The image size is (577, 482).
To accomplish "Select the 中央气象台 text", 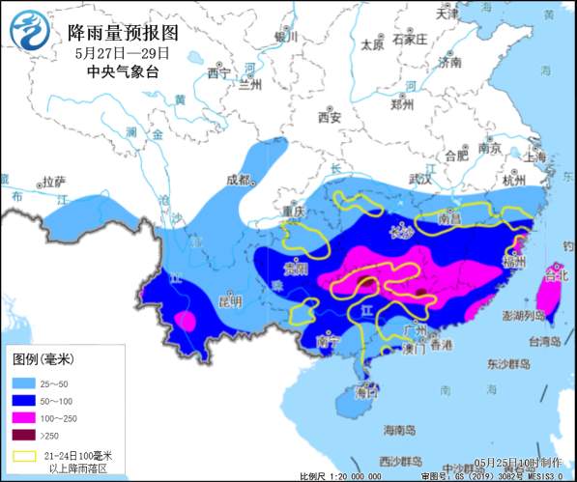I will coord(121,71).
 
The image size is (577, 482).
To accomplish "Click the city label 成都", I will coord(238,180).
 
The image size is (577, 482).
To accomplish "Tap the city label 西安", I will coord(331,118).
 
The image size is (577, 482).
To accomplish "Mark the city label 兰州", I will coord(250,85).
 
